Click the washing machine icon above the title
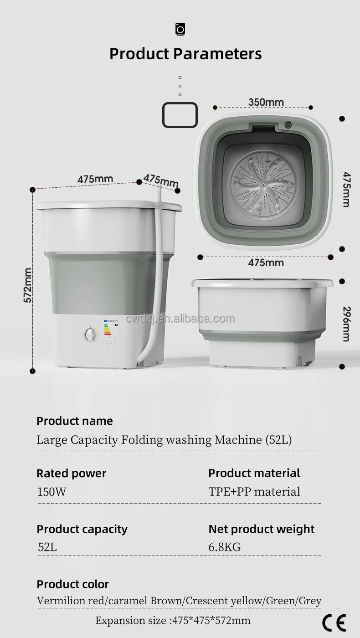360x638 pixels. [180, 30]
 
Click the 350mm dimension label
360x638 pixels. [266, 102]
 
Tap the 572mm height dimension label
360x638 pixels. [28, 285]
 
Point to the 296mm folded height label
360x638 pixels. [346, 324]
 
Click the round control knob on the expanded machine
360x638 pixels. [91, 335]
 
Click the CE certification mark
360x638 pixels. [334, 623]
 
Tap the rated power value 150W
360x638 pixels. [51, 492]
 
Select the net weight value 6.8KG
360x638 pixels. [224, 547]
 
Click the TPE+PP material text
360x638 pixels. [254, 492]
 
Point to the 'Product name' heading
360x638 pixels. [74, 421]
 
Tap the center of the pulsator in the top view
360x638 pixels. [263, 185]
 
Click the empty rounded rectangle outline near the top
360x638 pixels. [180, 115]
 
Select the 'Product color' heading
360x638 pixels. [72, 584]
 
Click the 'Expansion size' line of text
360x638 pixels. [173, 620]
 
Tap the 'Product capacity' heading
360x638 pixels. [82, 529]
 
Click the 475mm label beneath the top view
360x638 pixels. [266, 262]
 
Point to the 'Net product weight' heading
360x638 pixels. [261, 529]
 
